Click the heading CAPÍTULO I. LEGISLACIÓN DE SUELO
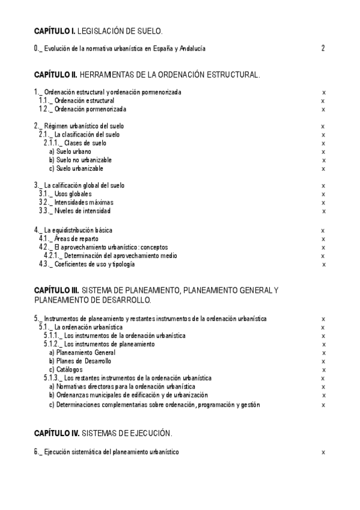98,30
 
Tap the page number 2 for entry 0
323,48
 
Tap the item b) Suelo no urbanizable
80,160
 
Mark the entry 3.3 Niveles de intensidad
75,211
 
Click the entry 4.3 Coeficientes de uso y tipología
87,264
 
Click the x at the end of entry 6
323,451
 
